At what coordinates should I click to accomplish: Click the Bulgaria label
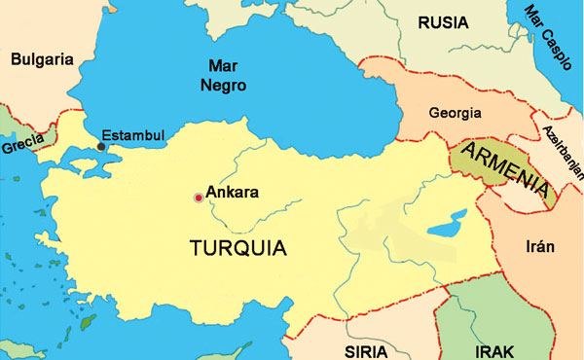tap(42, 59)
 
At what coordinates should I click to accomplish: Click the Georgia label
tap(456, 112)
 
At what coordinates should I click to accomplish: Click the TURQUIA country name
tap(237, 247)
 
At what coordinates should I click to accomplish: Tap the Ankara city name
tap(233, 193)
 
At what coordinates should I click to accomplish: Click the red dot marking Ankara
tap(199, 198)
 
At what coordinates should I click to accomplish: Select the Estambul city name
tap(133, 134)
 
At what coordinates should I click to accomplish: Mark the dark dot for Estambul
tap(101, 147)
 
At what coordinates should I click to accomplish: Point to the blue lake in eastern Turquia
tap(447, 230)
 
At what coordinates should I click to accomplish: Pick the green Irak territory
tap(477, 311)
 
